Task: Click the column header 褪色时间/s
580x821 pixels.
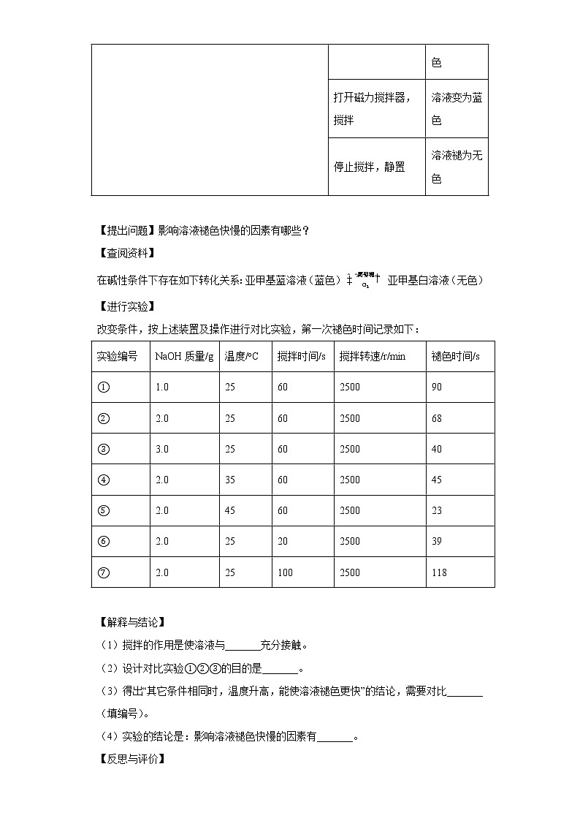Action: pos(455,357)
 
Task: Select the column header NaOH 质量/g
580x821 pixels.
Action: pos(184,357)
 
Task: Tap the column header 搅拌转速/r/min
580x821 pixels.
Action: pos(372,357)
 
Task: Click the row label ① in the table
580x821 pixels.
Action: pos(103,387)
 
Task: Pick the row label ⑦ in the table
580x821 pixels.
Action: pos(103,572)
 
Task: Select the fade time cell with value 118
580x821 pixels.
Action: pos(439,572)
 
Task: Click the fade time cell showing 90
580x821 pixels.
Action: pos(437,387)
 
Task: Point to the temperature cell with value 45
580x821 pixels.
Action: pos(230,511)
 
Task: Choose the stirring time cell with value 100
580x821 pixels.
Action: pos(285,572)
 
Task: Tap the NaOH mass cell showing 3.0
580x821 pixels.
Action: pos(161,449)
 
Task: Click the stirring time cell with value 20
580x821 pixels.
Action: pos(283,542)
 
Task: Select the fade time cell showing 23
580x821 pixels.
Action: pos(437,511)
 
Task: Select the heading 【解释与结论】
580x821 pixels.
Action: pos(131,623)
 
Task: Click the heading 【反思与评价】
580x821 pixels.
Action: pos(131,760)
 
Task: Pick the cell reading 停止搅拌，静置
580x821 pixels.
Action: pos(369,167)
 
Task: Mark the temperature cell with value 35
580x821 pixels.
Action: pos(230,480)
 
